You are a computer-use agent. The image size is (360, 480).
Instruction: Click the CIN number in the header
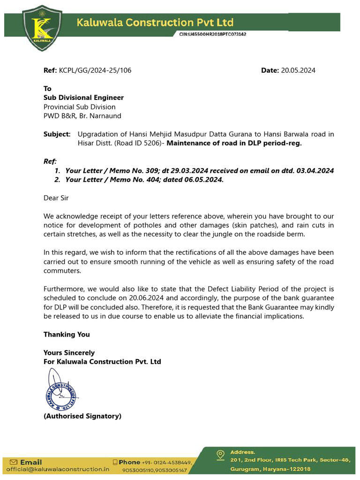(213, 34)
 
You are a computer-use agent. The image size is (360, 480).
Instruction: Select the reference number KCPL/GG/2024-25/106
(95, 70)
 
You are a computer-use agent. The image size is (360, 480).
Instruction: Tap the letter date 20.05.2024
(298, 70)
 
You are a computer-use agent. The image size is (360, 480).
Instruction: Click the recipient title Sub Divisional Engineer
(83, 97)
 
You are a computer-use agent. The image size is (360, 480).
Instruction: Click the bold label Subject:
(57, 134)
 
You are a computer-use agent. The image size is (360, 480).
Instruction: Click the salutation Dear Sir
(56, 198)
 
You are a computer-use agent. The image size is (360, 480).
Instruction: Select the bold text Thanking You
(67, 334)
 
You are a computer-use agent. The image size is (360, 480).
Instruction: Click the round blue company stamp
(61, 392)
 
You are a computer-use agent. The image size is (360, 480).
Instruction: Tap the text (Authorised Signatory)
(82, 416)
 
